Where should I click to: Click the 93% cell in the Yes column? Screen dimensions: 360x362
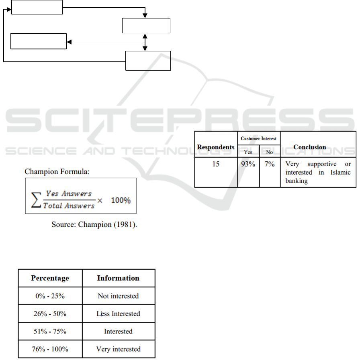tap(248, 164)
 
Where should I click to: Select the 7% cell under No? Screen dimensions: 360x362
tap(269, 164)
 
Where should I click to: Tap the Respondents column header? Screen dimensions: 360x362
tap(216, 147)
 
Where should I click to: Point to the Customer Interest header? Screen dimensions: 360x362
tap(259, 138)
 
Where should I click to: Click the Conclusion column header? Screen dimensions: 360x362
tap(310, 147)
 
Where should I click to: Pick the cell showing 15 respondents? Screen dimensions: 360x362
tap(216, 164)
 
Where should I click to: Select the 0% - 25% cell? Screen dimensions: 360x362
tap(50, 296)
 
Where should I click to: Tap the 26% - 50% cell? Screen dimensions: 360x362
tap(50, 314)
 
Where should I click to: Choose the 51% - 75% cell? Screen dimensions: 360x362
tap(50, 332)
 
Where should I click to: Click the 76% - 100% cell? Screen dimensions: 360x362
tap(50, 349)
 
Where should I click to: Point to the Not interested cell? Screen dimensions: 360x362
tap(118, 296)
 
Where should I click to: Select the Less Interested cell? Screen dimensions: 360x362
tap(118, 314)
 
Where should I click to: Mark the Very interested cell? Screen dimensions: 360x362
tap(118, 349)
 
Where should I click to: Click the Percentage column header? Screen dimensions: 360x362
tap(50, 278)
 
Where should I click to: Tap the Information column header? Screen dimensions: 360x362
tap(118, 278)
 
